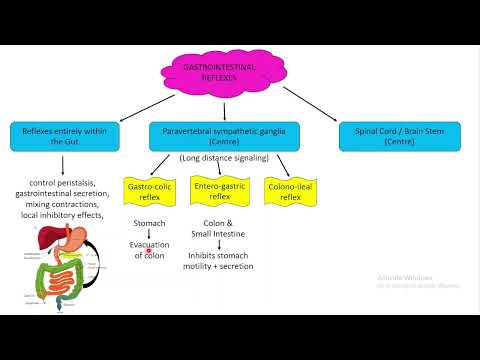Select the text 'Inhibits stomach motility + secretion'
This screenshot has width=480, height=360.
[218, 260]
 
